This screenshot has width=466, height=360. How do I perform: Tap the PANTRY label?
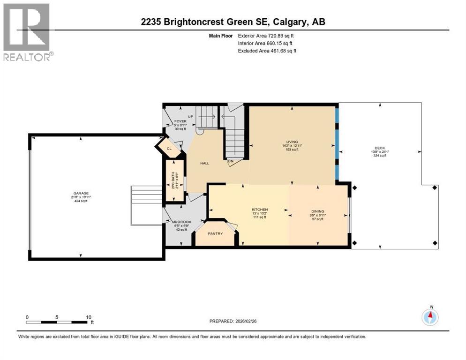tap(215, 233)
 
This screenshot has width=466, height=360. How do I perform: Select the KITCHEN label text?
tap(259, 209)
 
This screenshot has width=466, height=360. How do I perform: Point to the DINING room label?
tap(318, 211)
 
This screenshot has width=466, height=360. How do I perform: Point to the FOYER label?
tap(180, 121)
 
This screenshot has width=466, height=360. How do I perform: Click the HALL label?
tap(204, 163)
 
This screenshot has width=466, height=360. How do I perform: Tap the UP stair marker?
tap(191, 117)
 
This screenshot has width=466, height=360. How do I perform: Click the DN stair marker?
tap(231, 162)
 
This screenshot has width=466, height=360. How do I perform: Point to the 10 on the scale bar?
tap(89, 317)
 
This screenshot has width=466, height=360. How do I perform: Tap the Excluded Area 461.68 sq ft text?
tap(267, 51)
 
